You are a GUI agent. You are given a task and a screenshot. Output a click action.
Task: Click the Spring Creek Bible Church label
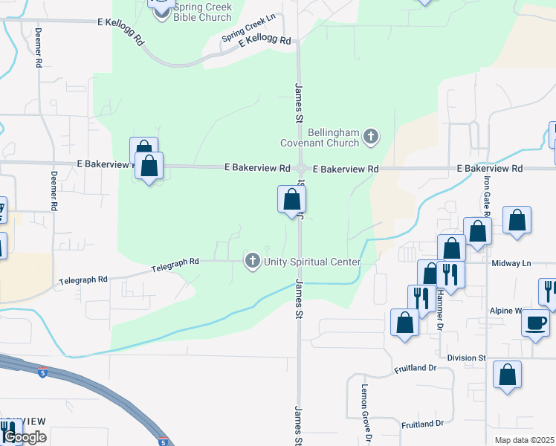click(202, 12)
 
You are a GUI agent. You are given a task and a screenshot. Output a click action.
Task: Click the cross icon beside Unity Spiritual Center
click(253, 261)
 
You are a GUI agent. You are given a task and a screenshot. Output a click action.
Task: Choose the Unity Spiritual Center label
click(312, 262)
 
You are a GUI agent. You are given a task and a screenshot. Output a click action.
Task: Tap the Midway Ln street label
click(511, 263)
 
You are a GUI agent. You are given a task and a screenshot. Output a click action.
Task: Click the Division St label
click(467, 358)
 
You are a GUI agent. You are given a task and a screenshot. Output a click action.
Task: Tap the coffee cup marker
click(535, 323)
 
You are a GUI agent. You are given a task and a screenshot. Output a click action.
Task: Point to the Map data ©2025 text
click(525, 440)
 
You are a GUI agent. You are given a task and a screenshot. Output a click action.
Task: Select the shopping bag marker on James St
click(291, 199)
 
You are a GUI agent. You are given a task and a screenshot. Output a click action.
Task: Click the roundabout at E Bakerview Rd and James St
click(301, 169)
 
